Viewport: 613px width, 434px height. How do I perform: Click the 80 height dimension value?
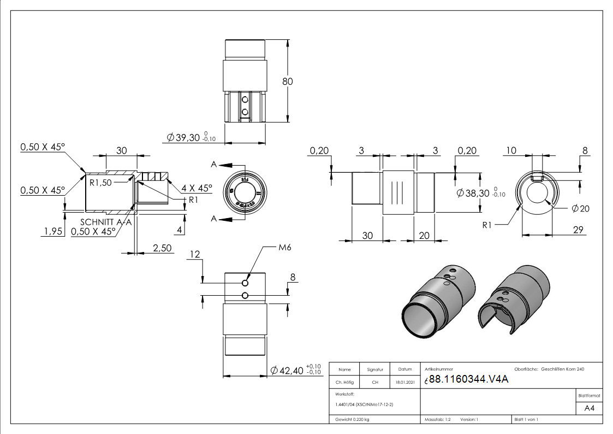coord(288,81)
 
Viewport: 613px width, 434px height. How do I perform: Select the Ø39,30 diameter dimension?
coord(189,137)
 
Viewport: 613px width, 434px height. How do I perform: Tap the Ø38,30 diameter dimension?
coord(476,193)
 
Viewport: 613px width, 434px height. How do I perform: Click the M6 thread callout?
coord(284,248)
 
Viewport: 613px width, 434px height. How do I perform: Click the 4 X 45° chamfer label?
coord(197,188)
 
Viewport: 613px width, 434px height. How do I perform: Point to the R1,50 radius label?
coord(101,183)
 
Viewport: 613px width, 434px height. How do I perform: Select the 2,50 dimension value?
coord(162,248)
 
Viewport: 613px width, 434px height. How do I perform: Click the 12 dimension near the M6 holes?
coord(195,254)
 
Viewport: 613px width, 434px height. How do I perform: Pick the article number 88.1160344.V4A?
coord(468,380)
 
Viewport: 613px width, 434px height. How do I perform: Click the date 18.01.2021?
coord(404,383)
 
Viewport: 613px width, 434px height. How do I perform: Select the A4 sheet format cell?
coord(589,408)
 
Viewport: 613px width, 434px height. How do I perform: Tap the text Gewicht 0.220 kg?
coord(353,420)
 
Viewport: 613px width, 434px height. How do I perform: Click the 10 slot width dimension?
coord(510,150)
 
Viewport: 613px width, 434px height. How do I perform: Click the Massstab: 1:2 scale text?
coord(438,420)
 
